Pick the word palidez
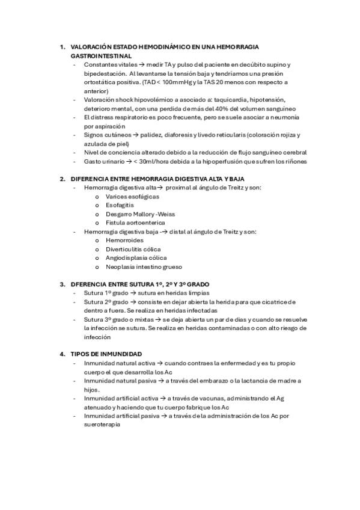click(x=151, y=135)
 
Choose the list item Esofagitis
click(x=120, y=205)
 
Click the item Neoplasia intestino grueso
click(x=144, y=266)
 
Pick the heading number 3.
click(x=62, y=284)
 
